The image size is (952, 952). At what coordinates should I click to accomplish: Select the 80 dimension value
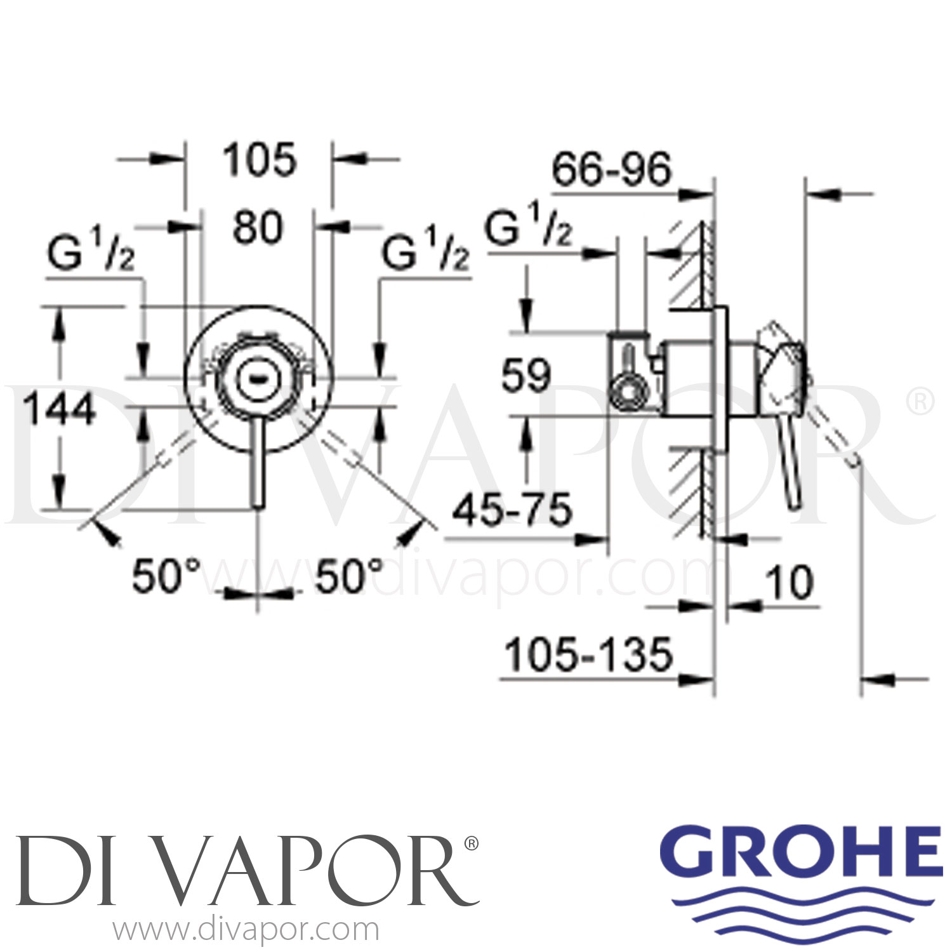click(257, 228)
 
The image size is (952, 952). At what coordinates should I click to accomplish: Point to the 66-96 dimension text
click(611, 169)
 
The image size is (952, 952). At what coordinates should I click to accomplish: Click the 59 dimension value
click(526, 376)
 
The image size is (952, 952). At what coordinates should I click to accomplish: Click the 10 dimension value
click(790, 583)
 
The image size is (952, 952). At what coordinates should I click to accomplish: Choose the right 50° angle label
click(350, 576)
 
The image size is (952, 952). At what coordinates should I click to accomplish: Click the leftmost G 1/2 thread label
click(91, 255)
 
